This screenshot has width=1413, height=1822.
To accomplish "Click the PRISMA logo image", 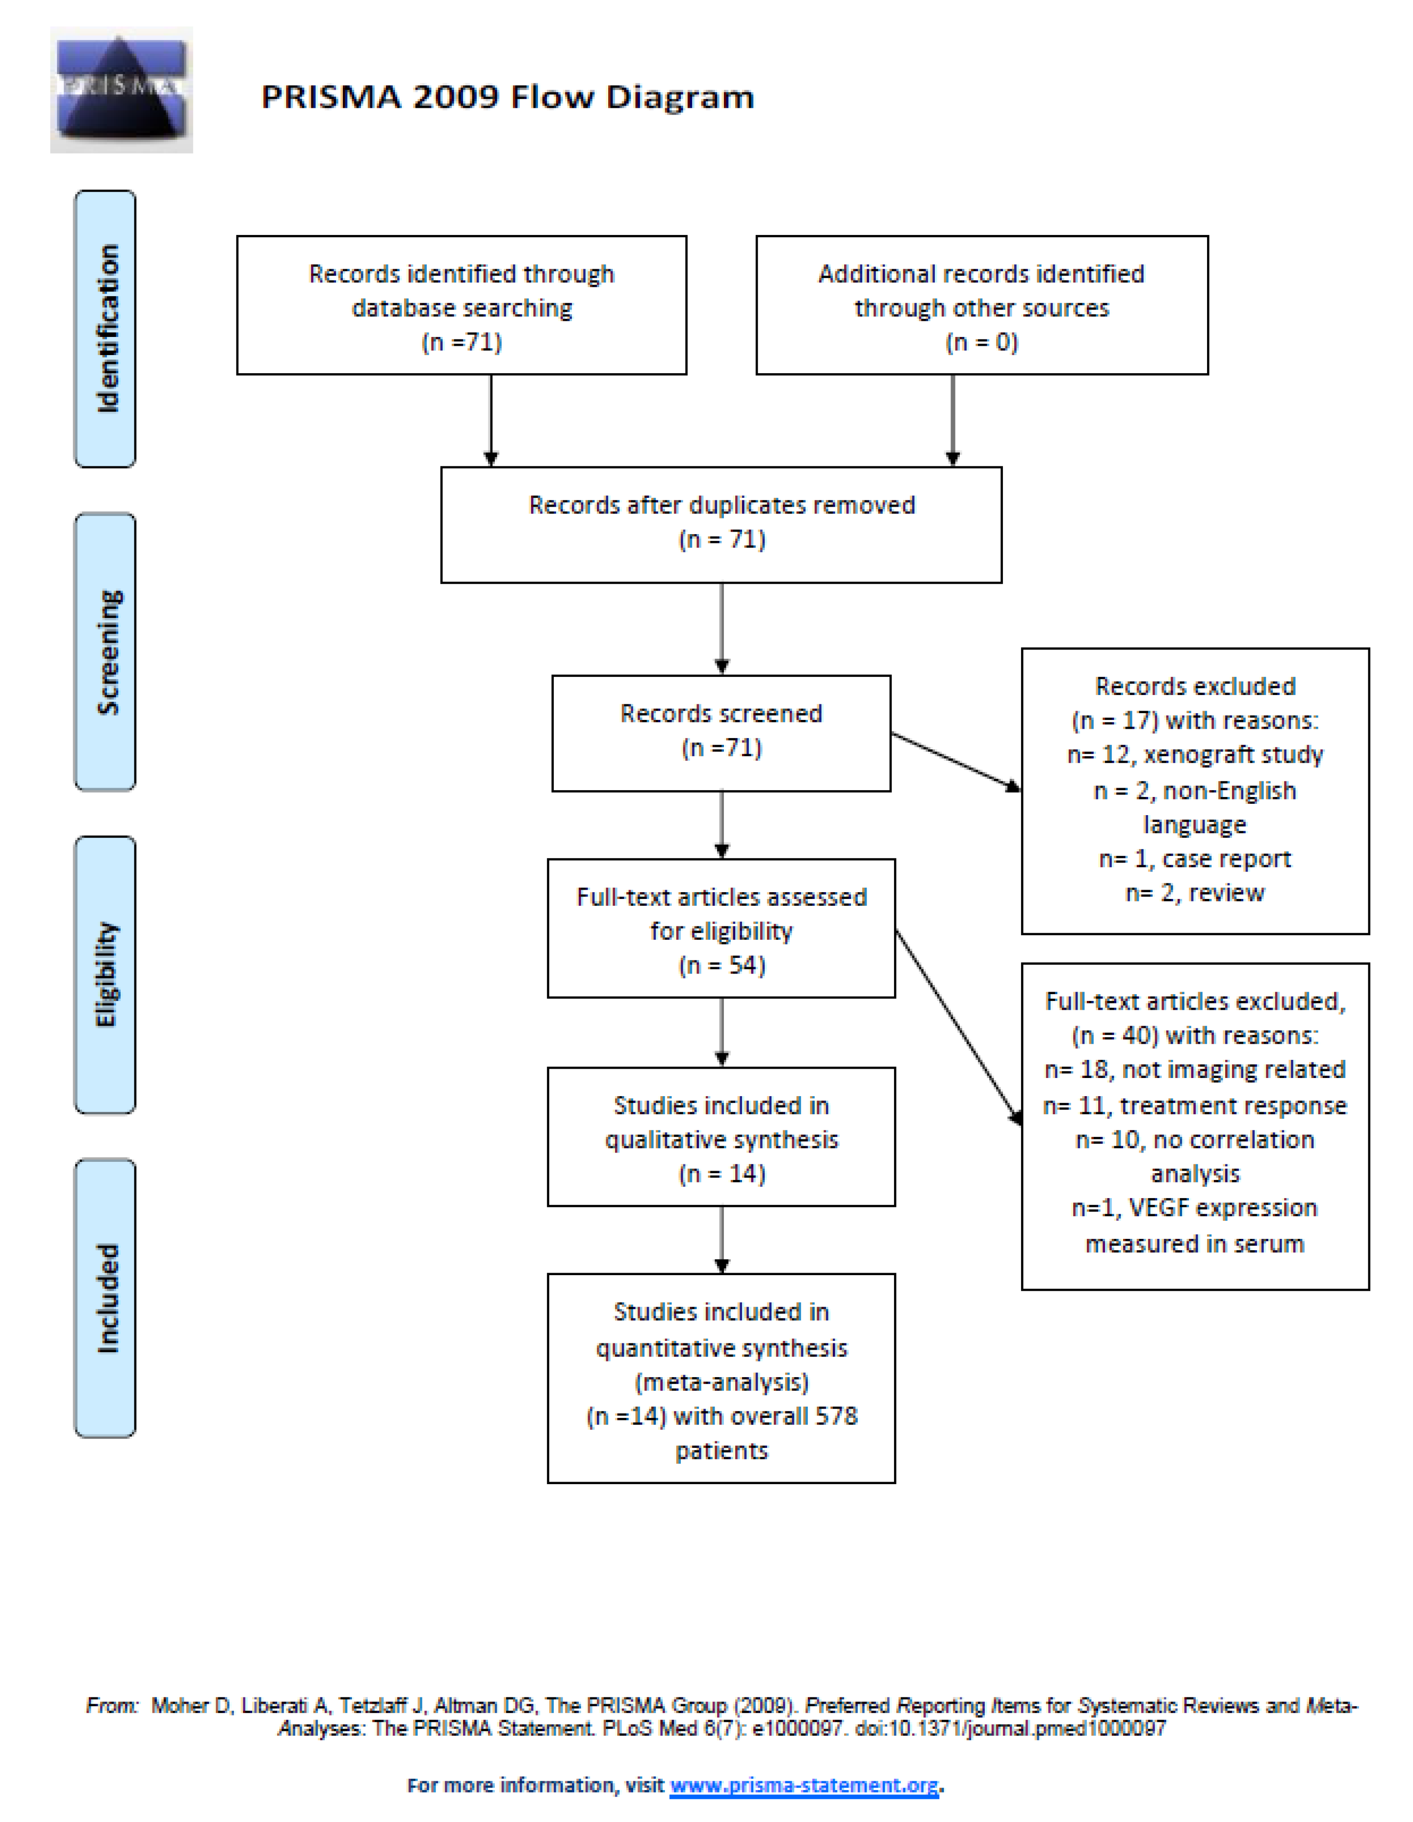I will pyautogui.click(x=122, y=90).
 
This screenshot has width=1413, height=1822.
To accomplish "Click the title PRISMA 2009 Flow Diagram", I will pyautogui.click(x=507, y=97).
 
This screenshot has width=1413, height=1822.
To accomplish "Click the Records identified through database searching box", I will pyautogui.click(x=461, y=306).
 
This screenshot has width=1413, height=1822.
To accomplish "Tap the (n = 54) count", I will pyautogui.click(x=721, y=965).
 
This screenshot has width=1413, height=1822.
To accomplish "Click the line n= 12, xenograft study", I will pyautogui.click(x=1194, y=755).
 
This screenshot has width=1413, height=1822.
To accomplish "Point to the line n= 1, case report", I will pyautogui.click(x=1194, y=858).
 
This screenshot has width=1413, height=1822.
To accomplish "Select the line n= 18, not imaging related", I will pyautogui.click(x=1194, y=1070).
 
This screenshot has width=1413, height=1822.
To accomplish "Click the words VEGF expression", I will pyautogui.click(x=1222, y=1208).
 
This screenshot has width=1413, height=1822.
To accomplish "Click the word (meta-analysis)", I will pyautogui.click(x=721, y=1383).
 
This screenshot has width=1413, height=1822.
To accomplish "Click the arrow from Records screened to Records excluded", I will pyautogui.click(x=955, y=761).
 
